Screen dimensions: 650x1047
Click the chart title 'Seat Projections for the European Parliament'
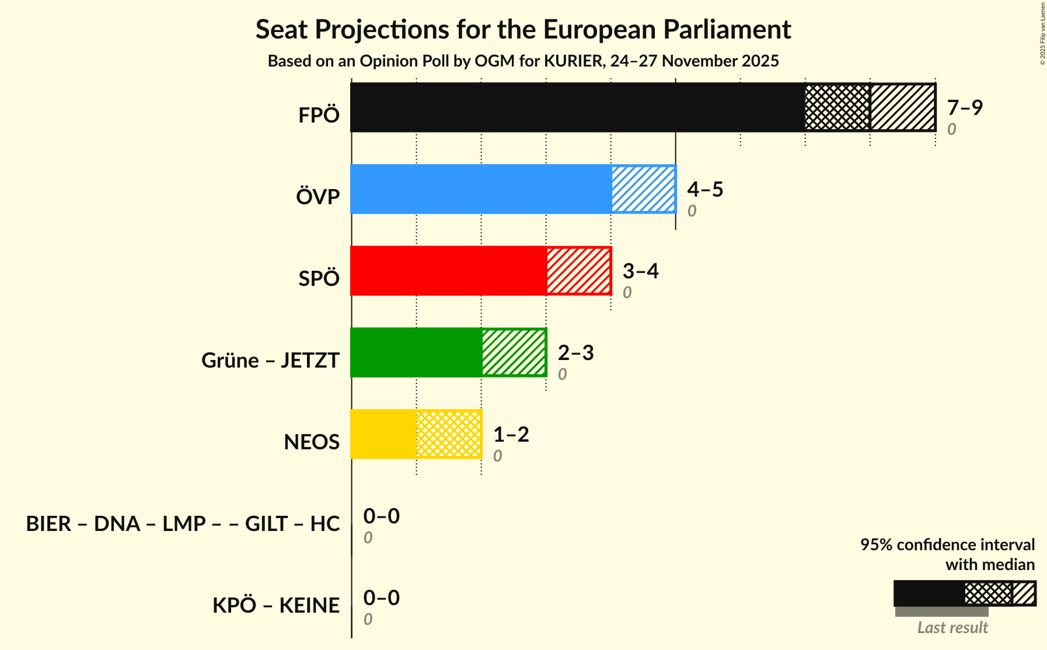coord(523,29)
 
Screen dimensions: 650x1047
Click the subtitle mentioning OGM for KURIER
coord(523,61)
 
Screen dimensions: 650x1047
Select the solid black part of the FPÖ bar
coord(578,107)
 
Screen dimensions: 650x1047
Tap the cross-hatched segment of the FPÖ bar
coord(837,107)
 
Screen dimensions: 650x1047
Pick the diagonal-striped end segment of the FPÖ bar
coord(902,107)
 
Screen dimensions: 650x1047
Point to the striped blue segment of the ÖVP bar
coord(643,189)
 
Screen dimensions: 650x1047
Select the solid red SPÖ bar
coord(449,271)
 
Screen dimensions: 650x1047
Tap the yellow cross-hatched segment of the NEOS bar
coord(449,434)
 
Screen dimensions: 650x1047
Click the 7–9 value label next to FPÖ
coord(965,107)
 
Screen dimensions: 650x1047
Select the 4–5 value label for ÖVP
coord(705,189)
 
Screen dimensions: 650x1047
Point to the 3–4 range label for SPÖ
coord(640,271)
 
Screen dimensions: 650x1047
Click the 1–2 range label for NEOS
coord(511,434)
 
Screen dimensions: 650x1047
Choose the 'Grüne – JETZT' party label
coord(270,360)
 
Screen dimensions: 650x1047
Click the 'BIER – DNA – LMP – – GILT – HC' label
coord(183,523)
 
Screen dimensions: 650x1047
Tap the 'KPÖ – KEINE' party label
coord(275,605)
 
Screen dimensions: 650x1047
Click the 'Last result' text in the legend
coord(952,627)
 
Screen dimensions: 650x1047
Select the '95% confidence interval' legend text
coord(947,544)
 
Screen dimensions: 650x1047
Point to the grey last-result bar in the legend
coord(941,611)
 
